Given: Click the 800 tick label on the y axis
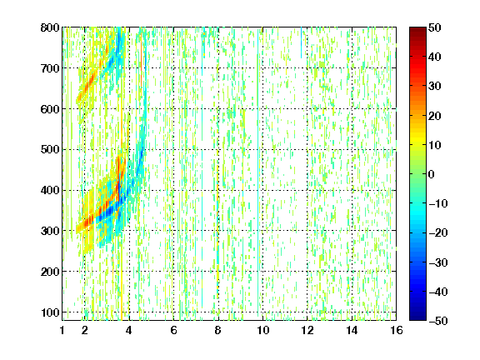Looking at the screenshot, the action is point(50,27).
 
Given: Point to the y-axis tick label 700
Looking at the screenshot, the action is point(50,68).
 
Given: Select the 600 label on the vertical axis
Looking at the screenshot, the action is point(50,109).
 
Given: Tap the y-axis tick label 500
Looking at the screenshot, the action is point(50,150).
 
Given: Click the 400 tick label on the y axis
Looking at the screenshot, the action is point(50,190).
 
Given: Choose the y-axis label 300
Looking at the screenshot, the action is point(50,231).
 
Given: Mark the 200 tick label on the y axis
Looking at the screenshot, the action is point(50,272).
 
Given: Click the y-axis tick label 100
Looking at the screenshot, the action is point(50,312).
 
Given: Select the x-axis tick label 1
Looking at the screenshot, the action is point(62,330).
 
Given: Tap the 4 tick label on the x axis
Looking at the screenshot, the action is point(129,330).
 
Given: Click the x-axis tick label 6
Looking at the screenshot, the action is point(173,330).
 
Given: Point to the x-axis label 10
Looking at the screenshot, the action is point(263,330).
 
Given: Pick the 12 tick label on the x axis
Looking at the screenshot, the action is point(307,330).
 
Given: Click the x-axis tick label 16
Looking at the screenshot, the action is point(397,330).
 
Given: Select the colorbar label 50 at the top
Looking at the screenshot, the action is point(434,27).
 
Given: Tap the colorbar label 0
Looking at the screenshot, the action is point(432,174).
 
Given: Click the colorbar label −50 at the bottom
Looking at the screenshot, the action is point(438,321).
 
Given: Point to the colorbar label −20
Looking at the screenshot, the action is point(438,232).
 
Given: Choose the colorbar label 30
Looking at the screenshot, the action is point(434,87).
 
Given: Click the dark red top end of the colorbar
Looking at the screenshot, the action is point(417,29).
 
